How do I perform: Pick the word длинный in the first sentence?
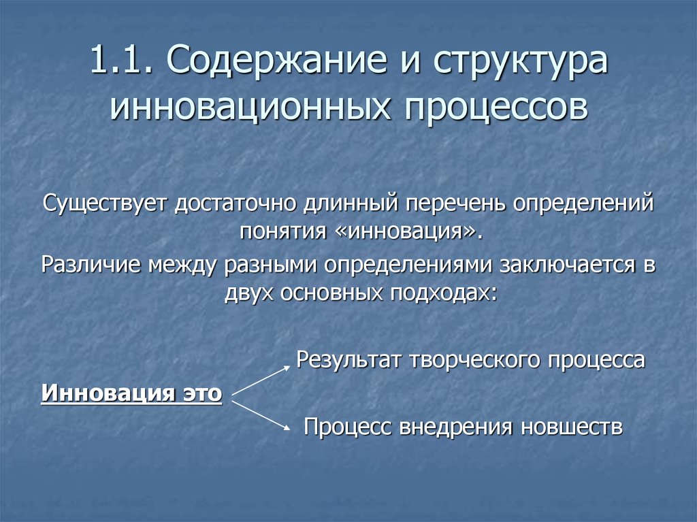click(x=352, y=203)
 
